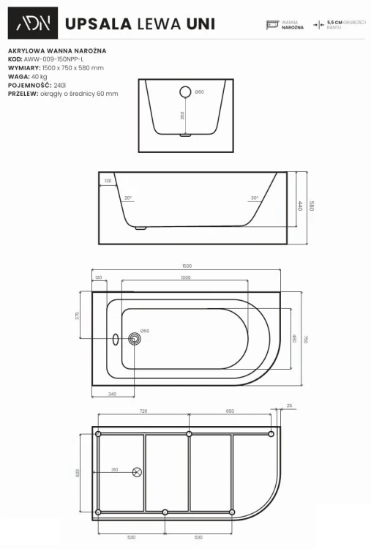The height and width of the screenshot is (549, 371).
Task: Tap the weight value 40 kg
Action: click(40, 77)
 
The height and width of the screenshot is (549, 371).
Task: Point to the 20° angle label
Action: click(127, 198)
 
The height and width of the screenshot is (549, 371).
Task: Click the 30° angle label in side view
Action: click(252, 198)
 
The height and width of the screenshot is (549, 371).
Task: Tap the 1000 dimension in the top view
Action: click(186, 277)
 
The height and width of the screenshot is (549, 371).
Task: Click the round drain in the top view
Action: click(134, 338)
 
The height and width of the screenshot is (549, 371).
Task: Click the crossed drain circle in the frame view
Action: click(136, 472)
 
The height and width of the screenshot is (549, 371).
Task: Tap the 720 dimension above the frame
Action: click(143, 411)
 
